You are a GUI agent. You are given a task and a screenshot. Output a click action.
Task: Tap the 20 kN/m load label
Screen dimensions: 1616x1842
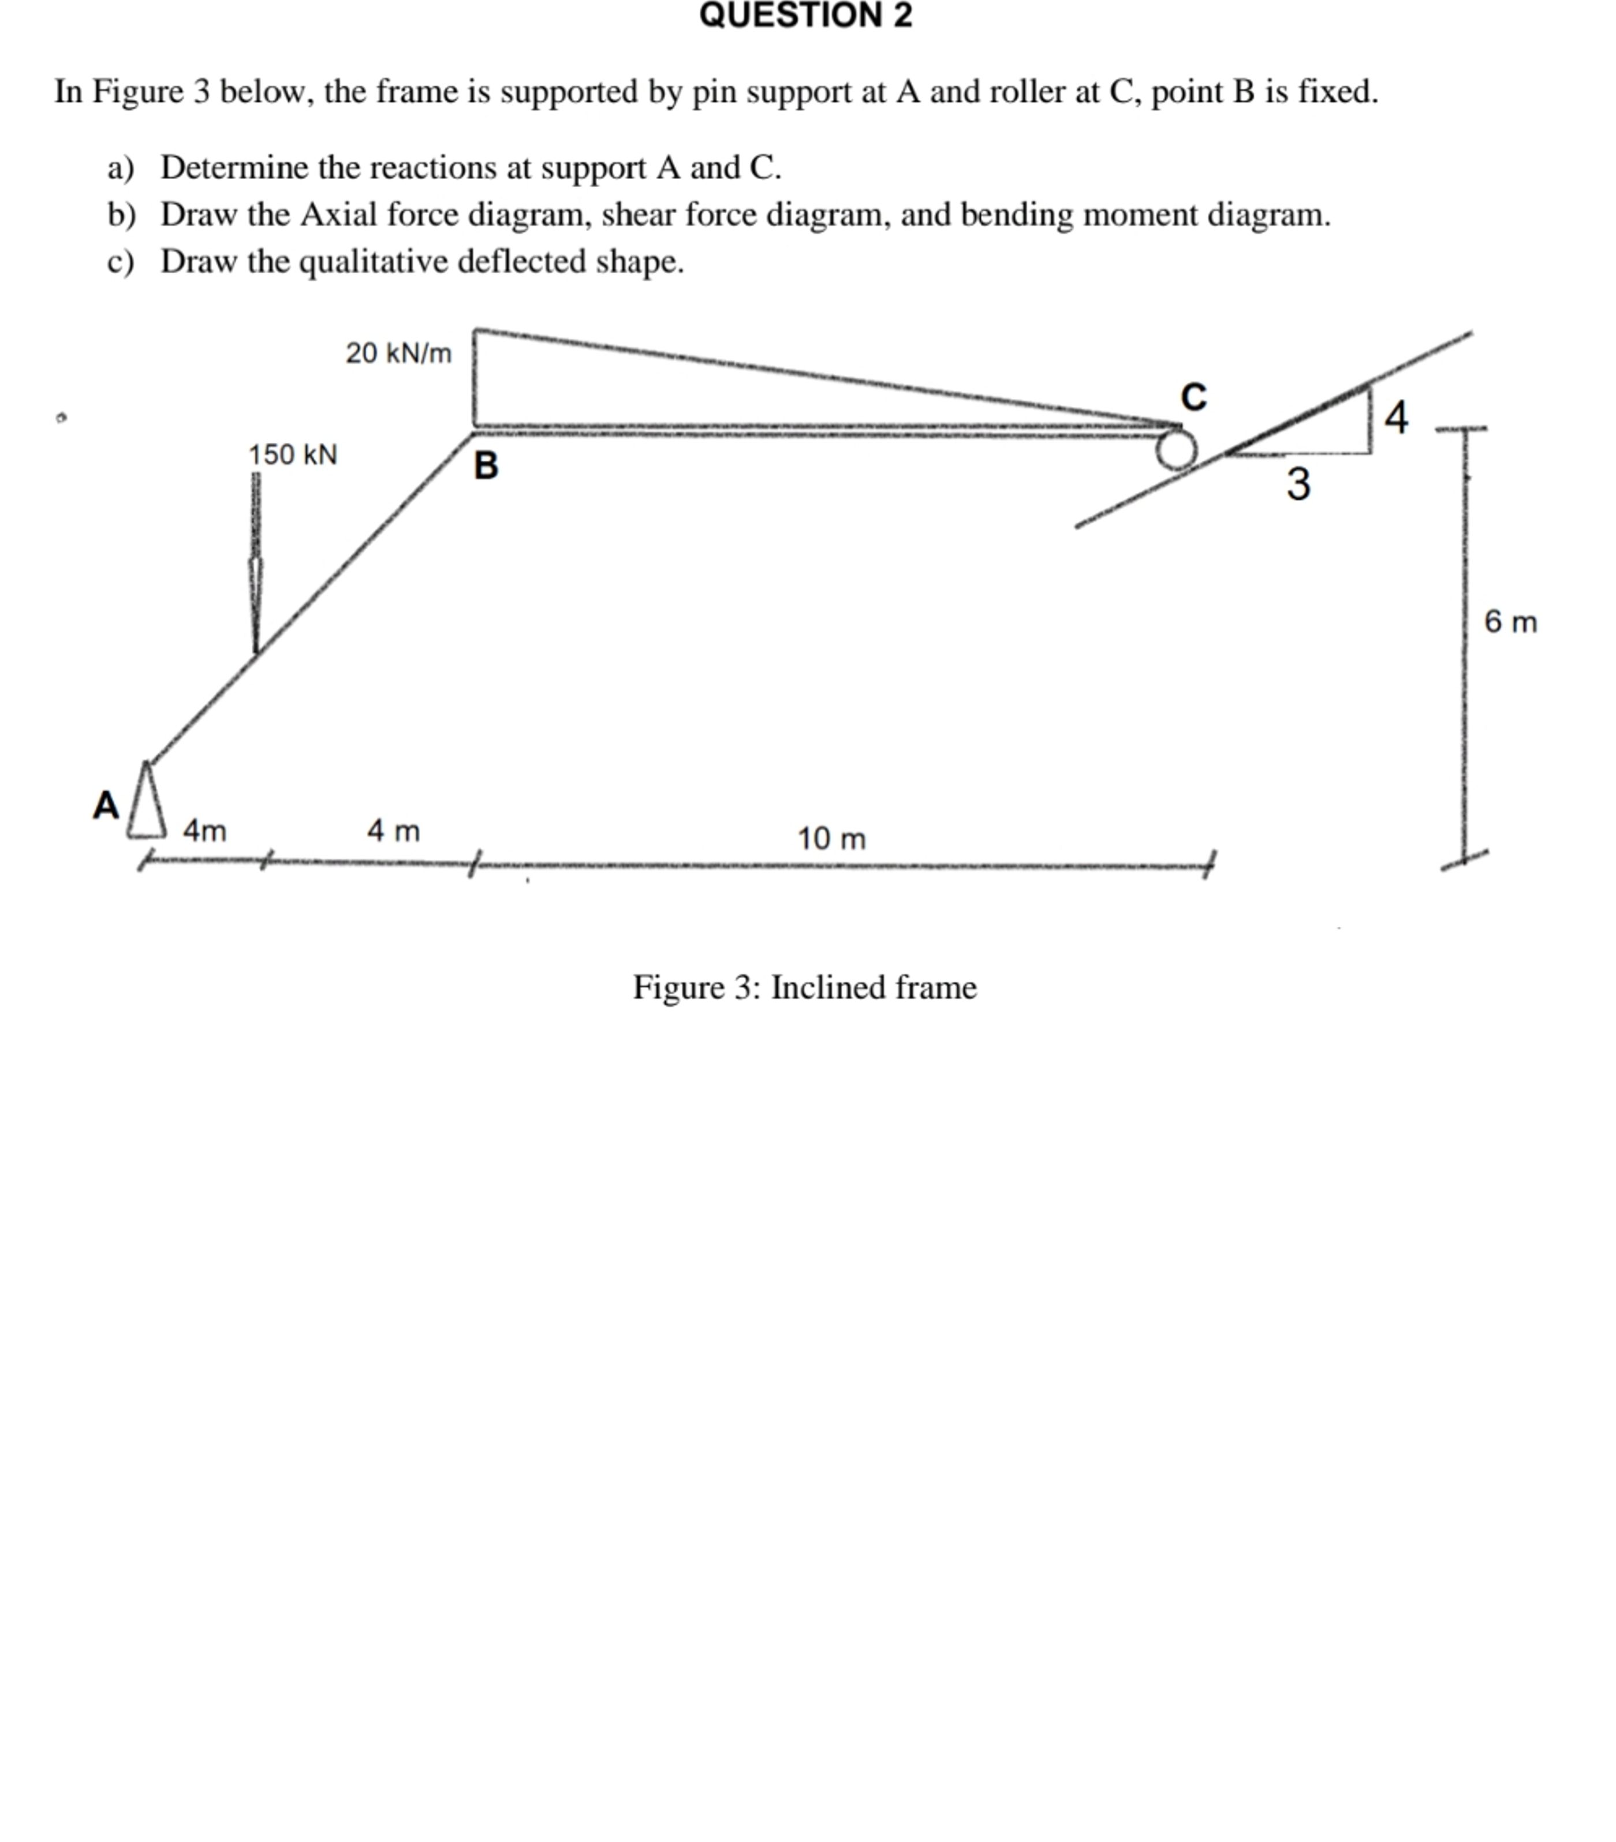[398, 352]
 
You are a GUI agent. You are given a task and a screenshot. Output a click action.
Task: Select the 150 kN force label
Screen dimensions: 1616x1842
[293, 454]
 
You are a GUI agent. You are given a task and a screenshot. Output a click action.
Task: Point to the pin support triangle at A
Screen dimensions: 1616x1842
[147, 802]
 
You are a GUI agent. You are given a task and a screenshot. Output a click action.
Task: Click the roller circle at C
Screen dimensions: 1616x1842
[1175, 449]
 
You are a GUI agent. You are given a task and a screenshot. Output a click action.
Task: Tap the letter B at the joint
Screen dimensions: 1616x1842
[486, 466]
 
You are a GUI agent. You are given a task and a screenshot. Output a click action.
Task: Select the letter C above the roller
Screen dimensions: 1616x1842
[1193, 397]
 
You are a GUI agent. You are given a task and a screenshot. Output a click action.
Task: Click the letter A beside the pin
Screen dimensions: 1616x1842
[106, 805]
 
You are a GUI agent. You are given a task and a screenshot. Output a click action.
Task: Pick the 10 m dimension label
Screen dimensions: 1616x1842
[831, 839]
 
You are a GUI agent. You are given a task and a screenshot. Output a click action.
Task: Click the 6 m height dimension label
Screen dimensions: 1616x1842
[1510, 622]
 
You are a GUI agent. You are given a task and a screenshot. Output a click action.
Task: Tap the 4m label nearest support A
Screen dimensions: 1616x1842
[204, 830]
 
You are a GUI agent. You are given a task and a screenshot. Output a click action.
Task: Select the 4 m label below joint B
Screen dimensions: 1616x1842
[393, 830]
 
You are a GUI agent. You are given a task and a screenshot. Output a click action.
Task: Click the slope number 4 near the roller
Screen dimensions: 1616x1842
[1396, 417]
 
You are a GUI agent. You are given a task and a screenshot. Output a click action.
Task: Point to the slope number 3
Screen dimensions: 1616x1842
[1298, 484]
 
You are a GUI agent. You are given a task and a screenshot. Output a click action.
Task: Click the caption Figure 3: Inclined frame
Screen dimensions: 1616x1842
[804, 987]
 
